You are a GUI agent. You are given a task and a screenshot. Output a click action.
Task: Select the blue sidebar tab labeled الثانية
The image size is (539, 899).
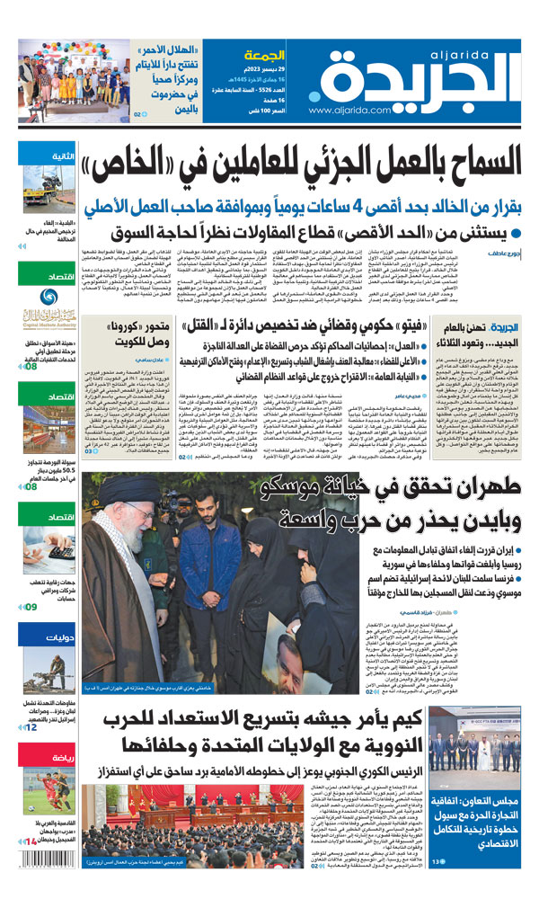pos(40,156)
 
